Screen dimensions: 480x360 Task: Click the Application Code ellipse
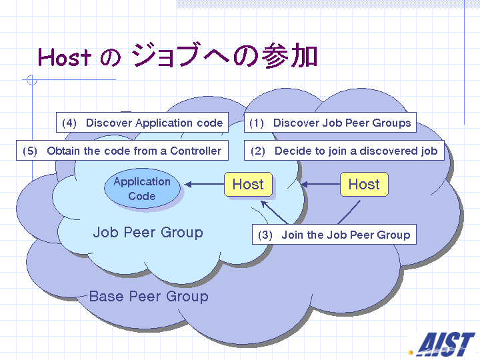[x=143, y=188]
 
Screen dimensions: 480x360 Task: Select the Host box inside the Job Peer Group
[x=248, y=184]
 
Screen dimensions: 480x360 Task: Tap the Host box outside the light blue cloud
[x=364, y=184]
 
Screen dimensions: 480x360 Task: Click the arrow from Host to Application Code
[x=205, y=184]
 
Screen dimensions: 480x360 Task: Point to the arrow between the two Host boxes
[x=321, y=184]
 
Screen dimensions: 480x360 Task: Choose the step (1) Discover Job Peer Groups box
[x=330, y=123]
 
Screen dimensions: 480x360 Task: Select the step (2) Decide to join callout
[x=344, y=150]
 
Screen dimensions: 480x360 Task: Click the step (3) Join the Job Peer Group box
[x=334, y=235]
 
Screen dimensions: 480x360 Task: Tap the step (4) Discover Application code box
[x=142, y=123]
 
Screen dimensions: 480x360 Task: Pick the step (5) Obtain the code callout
[x=122, y=150]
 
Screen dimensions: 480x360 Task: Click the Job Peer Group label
[x=148, y=233]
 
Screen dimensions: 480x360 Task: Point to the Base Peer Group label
[x=149, y=296]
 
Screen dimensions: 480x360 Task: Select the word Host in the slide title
[x=65, y=57]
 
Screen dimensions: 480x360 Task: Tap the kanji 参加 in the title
[x=290, y=55]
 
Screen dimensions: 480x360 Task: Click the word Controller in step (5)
[x=195, y=151]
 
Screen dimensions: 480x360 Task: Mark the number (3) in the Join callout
[x=265, y=235]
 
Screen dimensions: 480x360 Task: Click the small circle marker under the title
[x=32, y=80]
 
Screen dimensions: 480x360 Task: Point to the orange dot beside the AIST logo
[x=411, y=353]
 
